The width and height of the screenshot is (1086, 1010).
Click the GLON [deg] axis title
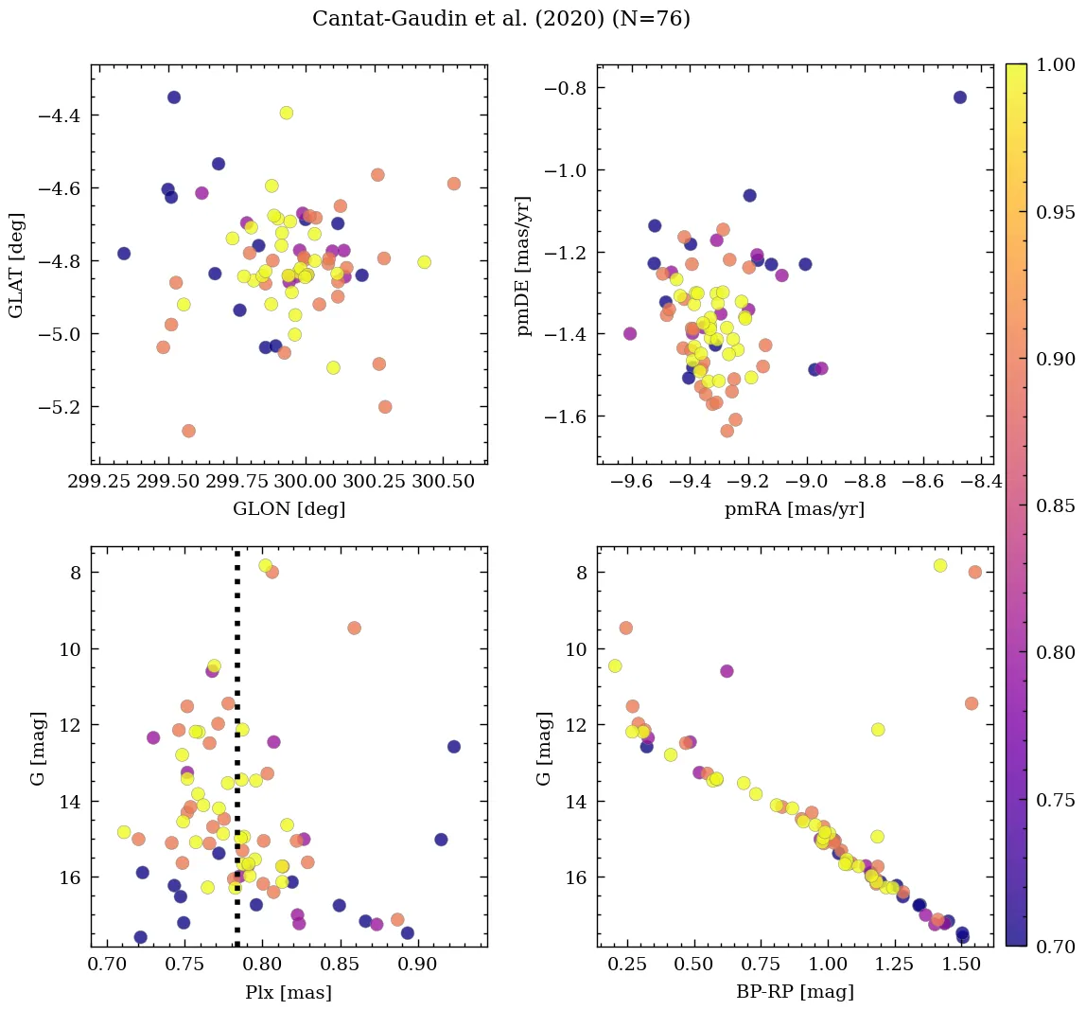289,509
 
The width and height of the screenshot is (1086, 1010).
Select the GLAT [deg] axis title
16,264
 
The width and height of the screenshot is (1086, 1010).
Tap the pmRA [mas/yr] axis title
795,509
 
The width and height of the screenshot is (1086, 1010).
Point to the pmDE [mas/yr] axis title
523,264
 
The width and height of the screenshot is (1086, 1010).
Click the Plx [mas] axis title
289,993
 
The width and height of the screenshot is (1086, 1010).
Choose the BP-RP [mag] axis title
795,993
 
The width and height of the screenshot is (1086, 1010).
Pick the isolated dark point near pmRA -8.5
959,97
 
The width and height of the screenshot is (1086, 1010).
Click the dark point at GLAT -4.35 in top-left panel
174,97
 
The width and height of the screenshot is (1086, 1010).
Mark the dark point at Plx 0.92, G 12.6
454,747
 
